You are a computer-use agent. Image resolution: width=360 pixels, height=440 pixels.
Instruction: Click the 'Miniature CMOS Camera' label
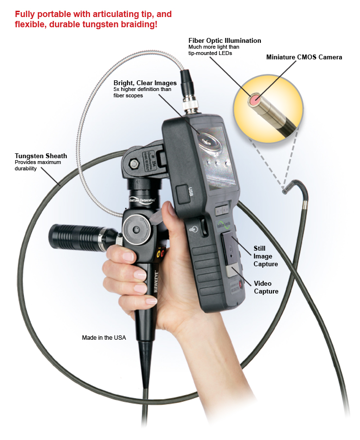pos(304,57)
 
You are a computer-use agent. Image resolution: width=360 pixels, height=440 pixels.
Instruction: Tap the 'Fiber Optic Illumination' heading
pos(225,40)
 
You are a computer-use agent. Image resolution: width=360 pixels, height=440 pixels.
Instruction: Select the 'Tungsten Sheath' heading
pos(41,156)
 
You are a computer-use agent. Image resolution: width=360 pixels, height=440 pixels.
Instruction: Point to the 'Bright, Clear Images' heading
pos(145,83)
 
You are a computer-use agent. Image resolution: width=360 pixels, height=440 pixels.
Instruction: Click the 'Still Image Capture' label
pos(266,256)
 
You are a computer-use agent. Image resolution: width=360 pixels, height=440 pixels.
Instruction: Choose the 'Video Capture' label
pos(266,287)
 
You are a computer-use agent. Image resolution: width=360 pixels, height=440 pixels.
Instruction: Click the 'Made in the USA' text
pos(104,337)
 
